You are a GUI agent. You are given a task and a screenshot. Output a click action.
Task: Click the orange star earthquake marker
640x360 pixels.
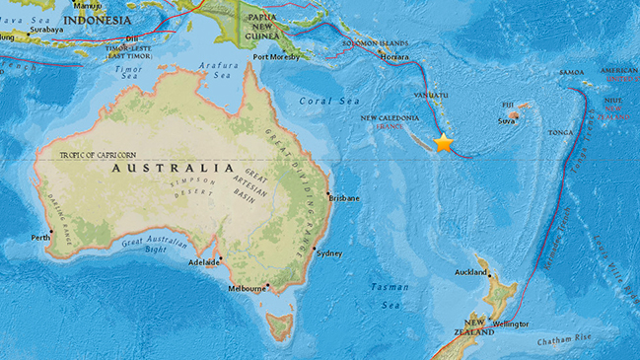click(x=444, y=143)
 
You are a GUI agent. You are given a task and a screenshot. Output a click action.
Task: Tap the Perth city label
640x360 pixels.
click(x=41, y=237)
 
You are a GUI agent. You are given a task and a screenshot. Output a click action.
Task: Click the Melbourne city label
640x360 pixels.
click(x=247, y=288)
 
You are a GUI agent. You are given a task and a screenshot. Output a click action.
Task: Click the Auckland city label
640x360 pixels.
click(x=469, y=272)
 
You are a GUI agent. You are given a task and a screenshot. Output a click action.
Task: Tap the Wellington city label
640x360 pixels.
click(x=510, y=324)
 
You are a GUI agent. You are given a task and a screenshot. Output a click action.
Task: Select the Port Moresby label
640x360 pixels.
click(x=275, y=57)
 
